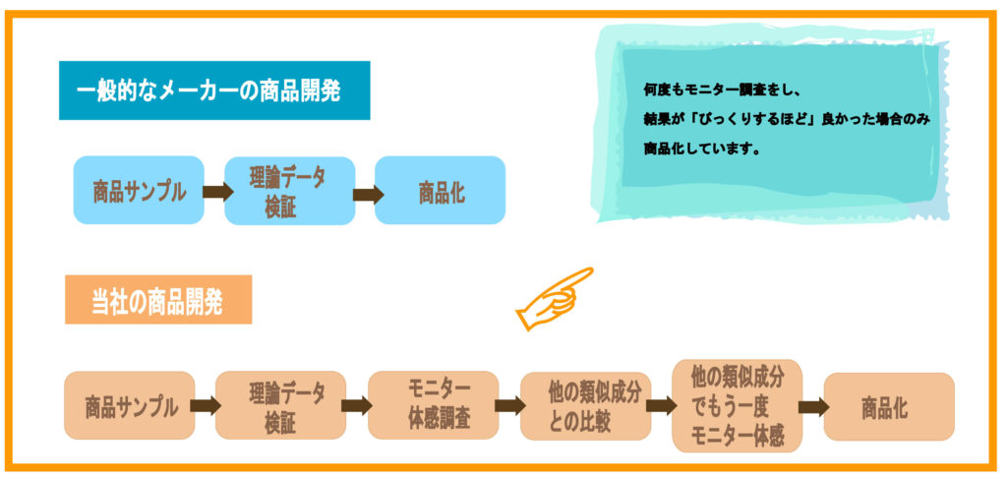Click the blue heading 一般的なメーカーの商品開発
click(213, 90)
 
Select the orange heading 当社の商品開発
click(157, 300)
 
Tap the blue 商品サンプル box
click(139, 191)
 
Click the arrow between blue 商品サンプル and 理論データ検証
click(214, 192)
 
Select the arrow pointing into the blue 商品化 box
click(366, 194)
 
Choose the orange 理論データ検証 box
click(281, 405)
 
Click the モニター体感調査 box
click(433, 405)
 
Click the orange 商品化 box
click(888, 405)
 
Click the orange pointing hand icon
click(553, 297)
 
